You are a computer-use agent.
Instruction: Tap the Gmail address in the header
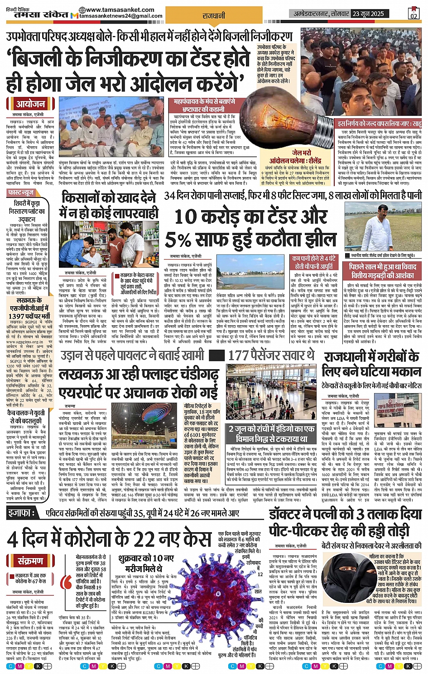pyautogui.click(x=121, y=16)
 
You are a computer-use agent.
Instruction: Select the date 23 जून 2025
pyautogui.click(x=368, y=14)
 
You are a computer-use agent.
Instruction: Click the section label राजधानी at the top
pyautogui.click(x=214, y=16)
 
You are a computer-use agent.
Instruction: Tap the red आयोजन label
pyautogui.click(x=30, y=104)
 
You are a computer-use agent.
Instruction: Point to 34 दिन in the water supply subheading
pyautogui.click(x=175, y=196)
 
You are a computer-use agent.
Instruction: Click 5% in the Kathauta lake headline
pyautogui.click(x=181, y=240)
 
